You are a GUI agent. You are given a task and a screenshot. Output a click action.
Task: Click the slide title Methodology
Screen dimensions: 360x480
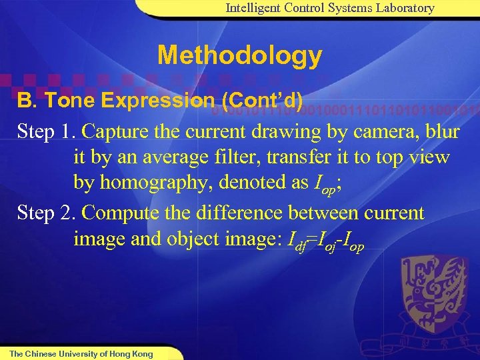click(239, 55)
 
